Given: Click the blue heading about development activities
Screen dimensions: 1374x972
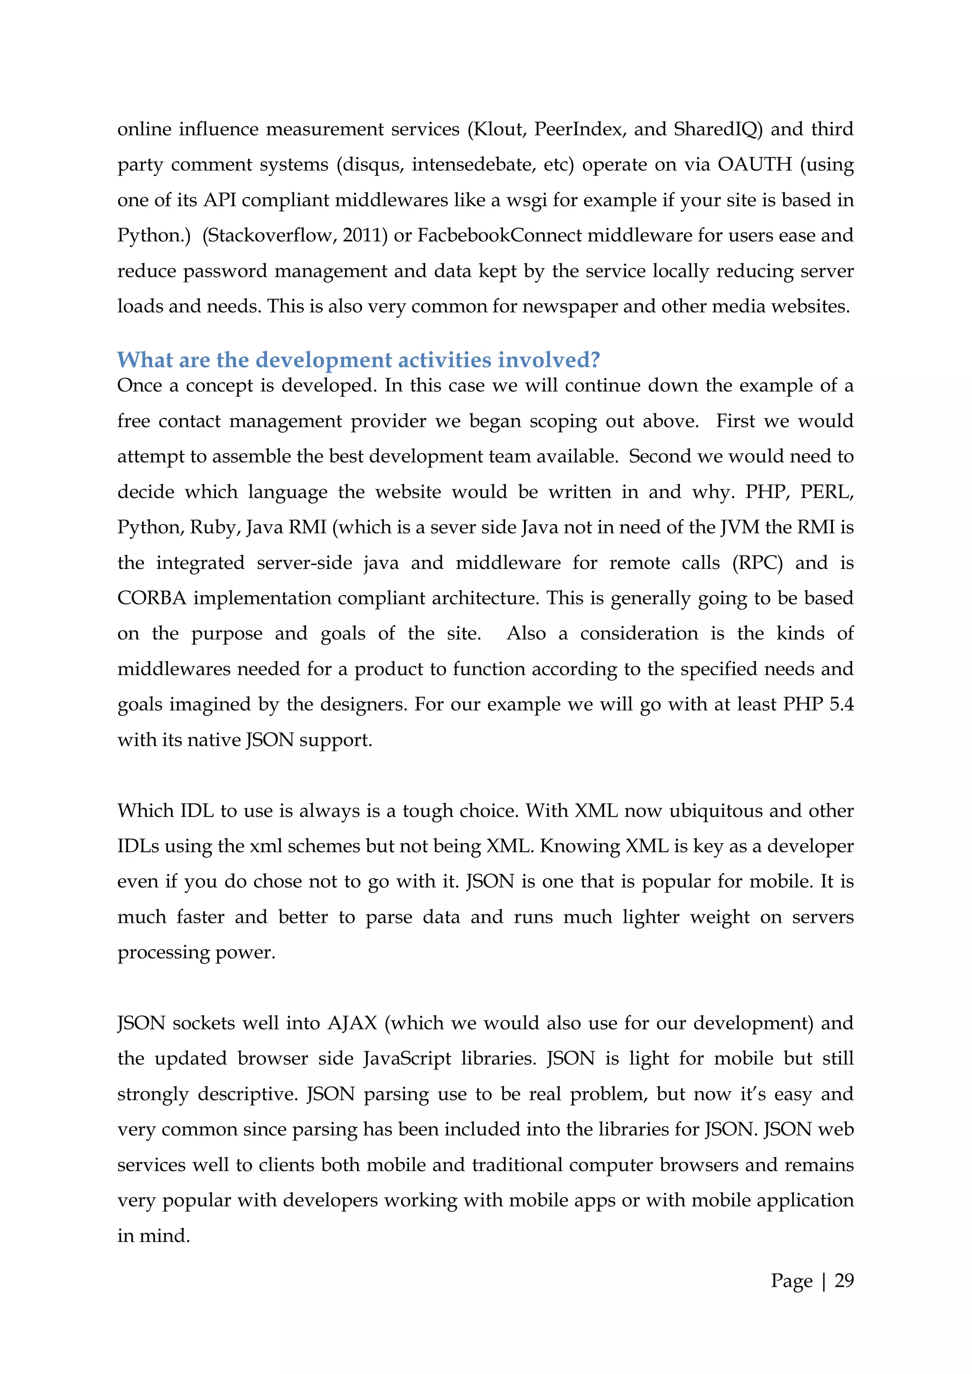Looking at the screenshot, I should (x=358, y=360).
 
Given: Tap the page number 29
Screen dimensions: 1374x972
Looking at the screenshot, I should (x=844, y=1280).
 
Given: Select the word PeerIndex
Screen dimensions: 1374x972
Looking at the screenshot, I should (x=578, y=129).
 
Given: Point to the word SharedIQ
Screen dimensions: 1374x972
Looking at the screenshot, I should (x=716, y=129).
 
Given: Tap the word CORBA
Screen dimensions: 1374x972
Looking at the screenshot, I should (x=152, y=598).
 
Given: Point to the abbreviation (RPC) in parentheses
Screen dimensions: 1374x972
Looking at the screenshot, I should (x=757, y=563).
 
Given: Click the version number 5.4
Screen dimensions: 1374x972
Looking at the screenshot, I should (x=841, y=705).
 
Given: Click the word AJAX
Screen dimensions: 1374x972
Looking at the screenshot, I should (x=352, y=1023).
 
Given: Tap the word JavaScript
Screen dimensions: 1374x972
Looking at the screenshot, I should (x=407, y=1058).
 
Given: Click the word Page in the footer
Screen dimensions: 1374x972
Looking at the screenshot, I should (x=791, y=1280).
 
